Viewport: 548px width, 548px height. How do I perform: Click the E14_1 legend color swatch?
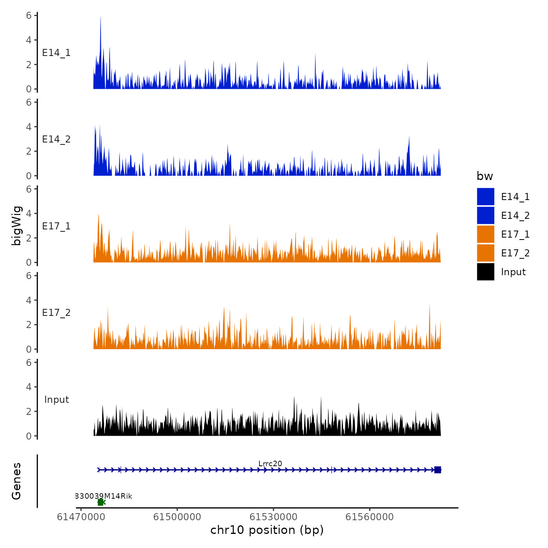coord(485,196)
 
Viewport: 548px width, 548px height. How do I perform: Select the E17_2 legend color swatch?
coord(485,253)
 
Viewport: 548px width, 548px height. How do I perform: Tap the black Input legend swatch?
coord(485,272)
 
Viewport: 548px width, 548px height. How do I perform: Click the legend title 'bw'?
coord(485,176)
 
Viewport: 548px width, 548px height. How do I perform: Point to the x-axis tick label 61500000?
coord(177,517)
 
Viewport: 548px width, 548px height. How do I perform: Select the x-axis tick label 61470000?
coord(81,517)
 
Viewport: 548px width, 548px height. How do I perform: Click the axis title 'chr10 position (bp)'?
coord(267,530)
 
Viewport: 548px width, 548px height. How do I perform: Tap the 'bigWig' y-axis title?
coord(16,225)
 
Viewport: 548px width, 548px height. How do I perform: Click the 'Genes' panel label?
coord(16,481)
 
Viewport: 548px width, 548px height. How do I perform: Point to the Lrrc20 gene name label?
coord(270,463)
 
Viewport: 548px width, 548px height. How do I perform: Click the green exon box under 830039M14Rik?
coord(101,502)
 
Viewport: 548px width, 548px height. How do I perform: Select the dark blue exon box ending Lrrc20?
coord(438,470)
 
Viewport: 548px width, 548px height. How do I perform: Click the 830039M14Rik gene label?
coord(104,496)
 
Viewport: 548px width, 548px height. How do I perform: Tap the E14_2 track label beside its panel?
coord(56,139)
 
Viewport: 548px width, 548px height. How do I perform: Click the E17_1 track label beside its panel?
coord(56,226)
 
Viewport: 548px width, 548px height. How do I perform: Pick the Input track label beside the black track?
coord(56,399)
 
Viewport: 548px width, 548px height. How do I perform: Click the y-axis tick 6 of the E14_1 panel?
coord(29,16)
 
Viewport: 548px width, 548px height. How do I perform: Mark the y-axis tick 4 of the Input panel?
coord(29,387)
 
